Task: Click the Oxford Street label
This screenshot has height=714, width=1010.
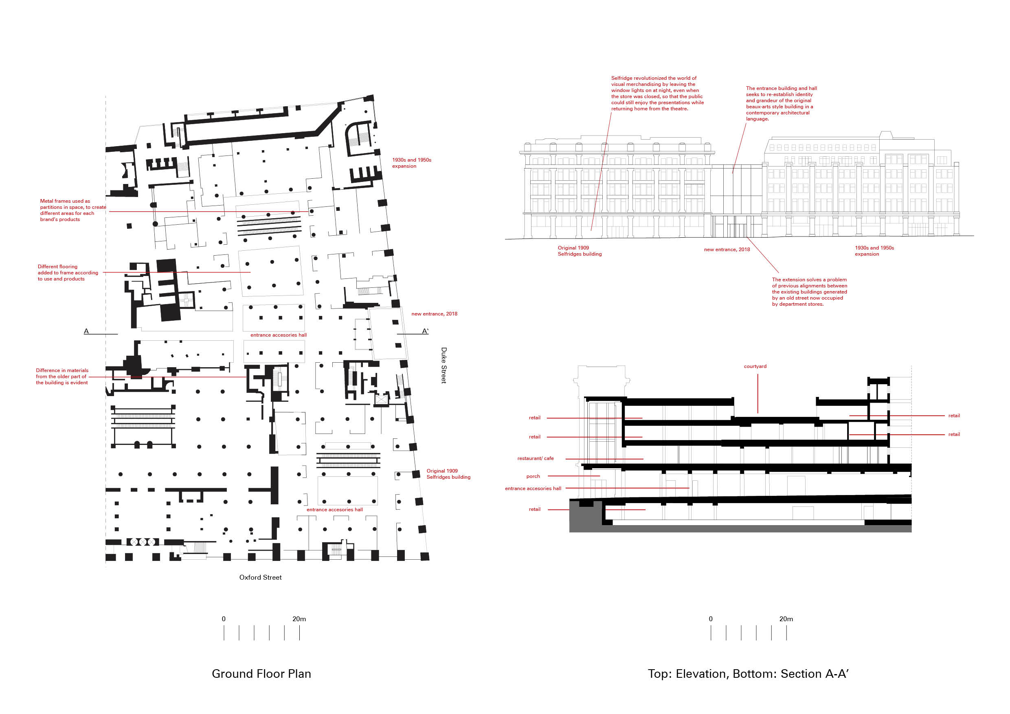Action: tap(260, 577)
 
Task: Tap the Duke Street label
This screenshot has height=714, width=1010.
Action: tap(444, 366)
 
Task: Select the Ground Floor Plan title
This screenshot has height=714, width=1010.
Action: tap(261, 674)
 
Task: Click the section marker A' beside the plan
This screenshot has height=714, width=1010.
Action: tap(425, 331)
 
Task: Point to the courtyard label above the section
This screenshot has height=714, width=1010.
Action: tap(755, 366)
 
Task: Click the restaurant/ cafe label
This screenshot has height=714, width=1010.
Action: tap(536, 458)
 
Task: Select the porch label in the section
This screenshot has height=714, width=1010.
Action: tap(533, 476)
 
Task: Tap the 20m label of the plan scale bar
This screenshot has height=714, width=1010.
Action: tap(299, 619)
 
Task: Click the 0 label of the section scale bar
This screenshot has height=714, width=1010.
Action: tap(710, 619)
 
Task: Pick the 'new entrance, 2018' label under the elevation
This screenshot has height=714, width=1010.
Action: tap(727, 249)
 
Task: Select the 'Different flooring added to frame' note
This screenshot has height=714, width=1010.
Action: tap(68, 273)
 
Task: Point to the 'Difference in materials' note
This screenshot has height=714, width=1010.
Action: tap(62, 377)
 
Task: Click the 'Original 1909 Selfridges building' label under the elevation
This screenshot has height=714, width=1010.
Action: tap(580, 251)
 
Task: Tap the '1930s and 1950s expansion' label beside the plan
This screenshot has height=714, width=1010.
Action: tap(411, 163)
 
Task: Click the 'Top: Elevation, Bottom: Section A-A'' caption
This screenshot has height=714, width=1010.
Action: tap(748, 674)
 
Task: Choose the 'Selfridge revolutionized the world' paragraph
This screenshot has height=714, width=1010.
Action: tap(657, 93)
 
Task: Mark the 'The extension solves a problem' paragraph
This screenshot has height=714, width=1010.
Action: tap(809, 291)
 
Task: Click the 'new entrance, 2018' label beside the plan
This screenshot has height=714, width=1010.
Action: tap(434, 313)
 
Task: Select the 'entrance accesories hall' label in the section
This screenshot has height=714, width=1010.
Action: tap(533, 488)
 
